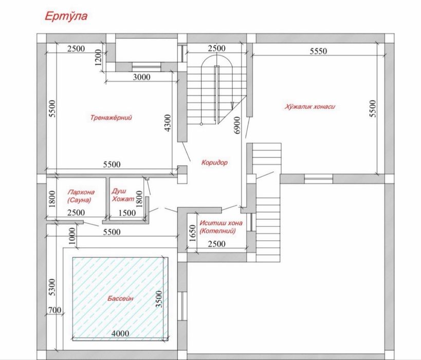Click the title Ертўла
tap(66, 16)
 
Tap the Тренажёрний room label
tap(111, 118)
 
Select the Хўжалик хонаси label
tap(310, 106)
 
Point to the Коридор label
tap(214, 163)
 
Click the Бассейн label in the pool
tap(121, 298)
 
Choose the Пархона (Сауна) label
tap(81, 196)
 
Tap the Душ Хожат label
tap(123, 195)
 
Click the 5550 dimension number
tap(318, 51)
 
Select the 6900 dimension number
tap(237, 125)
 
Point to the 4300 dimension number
tap(168, 123)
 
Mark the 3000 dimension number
tap(142, 77)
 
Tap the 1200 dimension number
tap(99, 58)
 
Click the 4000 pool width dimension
tap(120, 334)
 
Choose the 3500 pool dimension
tap(159, 299)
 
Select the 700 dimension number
tap(55, 310)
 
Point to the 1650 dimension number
tap(193, 233)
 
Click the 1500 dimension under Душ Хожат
tap(127, 213)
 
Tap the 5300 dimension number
tap(52, 287)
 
